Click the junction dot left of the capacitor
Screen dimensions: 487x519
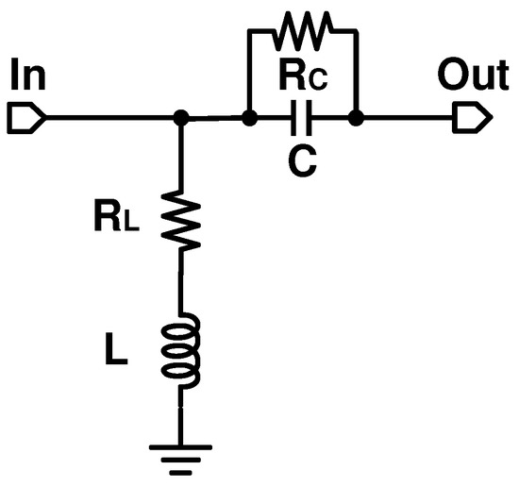pos(249,119)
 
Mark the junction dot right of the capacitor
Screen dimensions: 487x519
pos(356,119)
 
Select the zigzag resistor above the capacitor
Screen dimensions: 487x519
pos(302,29)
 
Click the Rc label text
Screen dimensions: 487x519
pos(302,77)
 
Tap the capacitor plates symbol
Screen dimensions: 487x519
pos(302,119)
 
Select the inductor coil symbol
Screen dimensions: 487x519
pos(183,351)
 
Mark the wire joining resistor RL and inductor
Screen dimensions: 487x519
pos(183,283)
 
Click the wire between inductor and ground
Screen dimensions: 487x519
pos(183,415)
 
